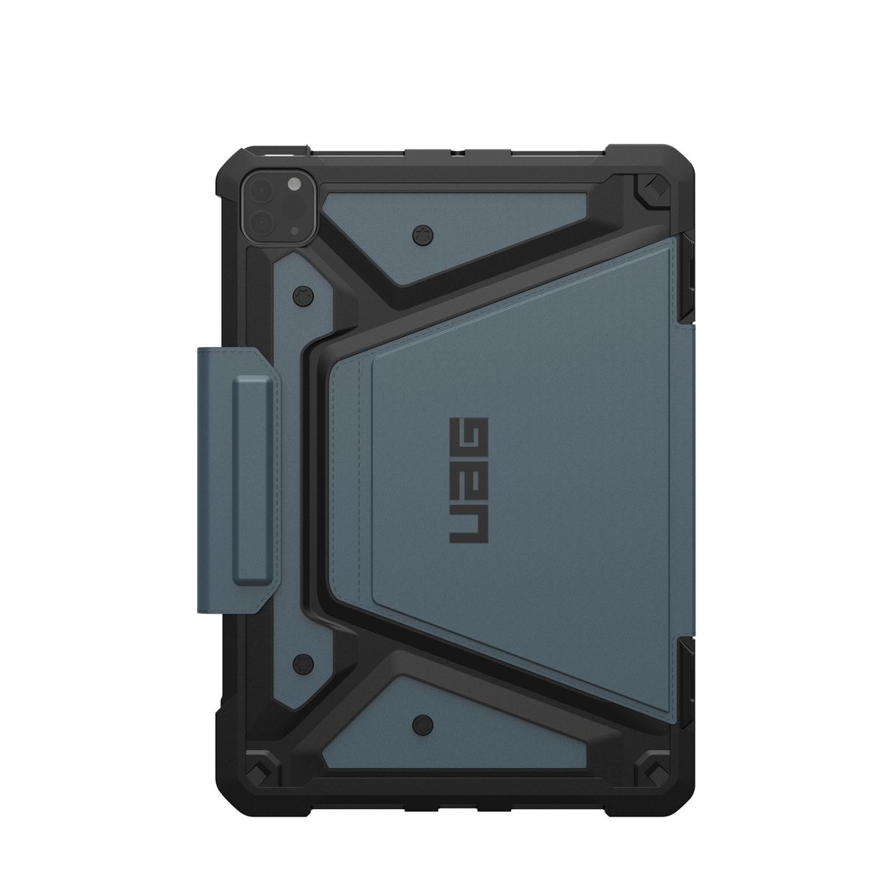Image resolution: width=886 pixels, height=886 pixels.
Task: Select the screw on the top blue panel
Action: [x=422, y=236]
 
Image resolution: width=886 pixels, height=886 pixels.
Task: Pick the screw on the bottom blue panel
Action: [x=422, y=724]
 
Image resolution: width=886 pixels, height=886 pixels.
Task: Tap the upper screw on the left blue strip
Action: [x=303, y=294]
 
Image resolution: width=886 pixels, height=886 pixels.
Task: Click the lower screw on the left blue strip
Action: [x=303, y=664]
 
